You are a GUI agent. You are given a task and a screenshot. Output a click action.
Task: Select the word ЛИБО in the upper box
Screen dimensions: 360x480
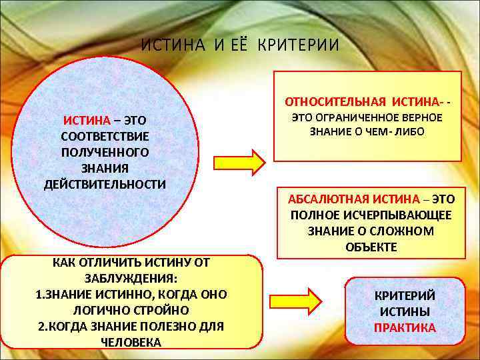click(x=410, y=132)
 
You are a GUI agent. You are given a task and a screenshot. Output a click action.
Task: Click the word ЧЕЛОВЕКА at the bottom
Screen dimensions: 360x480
click(x=131, y=342)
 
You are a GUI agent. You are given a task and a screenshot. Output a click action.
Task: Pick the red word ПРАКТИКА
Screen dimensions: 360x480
click(x=405, y=328)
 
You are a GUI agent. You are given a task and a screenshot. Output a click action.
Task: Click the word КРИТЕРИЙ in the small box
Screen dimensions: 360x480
click(x=405, y=296)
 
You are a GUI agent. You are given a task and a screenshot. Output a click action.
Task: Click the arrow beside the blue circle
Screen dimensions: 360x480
click(x=239, y=163)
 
